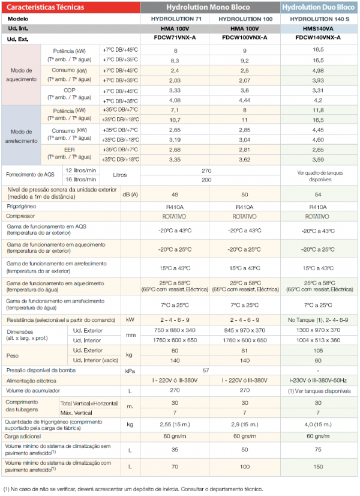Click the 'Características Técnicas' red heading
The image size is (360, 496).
click(x=45, y=7)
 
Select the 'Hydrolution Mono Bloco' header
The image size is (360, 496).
click(x=208, y=7)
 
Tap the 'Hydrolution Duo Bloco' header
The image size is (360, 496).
click(x=318, y=7)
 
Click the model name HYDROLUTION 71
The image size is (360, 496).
click(x=176, y=19)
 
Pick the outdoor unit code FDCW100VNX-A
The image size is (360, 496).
click(x=245, y=38)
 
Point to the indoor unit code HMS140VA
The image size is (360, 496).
click(x=318, y=29)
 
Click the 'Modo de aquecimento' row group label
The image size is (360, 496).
click(x=21, y=74)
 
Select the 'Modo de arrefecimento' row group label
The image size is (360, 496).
click(x=21, y=136)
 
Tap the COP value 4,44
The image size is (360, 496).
click(x=245, y=100)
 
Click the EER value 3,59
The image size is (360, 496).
click(x=318, y=160)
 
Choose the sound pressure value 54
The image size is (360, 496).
click(x=318, y=195)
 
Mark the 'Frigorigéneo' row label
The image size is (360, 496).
click(x=22, y=207)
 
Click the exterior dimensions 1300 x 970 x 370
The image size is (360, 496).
click(x=318, y=330)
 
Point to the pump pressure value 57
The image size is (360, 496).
click(x=206, y=370)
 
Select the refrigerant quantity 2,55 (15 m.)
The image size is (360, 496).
click(x=175, y=425)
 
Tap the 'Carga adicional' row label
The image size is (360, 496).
click(x=22, y=437)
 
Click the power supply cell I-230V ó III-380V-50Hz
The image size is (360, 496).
click(x=318, y=381)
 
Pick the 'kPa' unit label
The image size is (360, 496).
click(x=130, y=370)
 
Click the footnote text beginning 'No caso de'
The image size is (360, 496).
click(x=133, y=489)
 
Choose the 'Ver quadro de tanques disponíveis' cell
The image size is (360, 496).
click(x=320, y=176)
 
